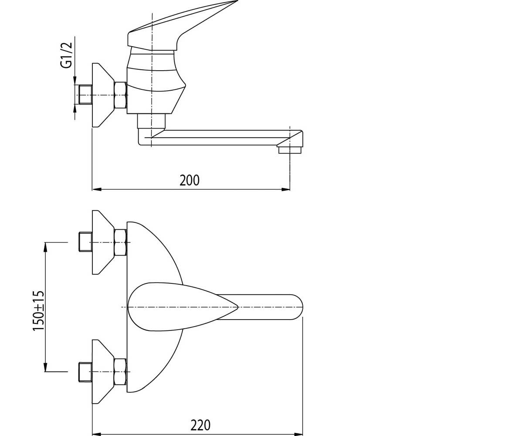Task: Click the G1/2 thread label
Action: pos(66,55)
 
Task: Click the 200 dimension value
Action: pos(189,181)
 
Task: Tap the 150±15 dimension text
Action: pos(39,311)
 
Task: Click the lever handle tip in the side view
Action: pos(237,1)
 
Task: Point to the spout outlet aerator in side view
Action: pos(291,150)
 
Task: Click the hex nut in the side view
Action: pos(120,95)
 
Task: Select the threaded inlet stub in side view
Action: pos(85,95)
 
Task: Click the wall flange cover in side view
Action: pos(103,95)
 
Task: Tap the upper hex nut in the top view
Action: pos(120,242)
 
